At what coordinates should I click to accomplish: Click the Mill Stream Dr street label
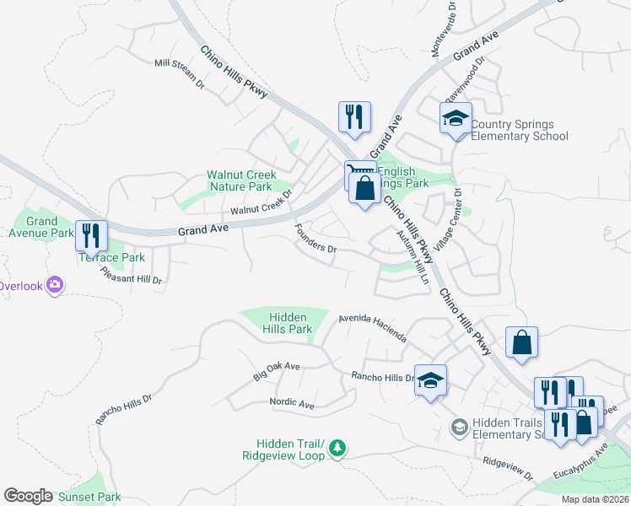[x=180, y=73]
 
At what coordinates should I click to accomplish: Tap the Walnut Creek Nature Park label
[x=241, y=181]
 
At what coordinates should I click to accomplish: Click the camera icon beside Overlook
[x=56, y=286]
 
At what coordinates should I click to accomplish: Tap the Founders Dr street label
[x=316, y=240]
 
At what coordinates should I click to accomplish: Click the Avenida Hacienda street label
[x=372, y=329]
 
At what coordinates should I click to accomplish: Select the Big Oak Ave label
[x=277, y=369]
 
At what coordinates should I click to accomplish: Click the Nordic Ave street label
[x=291, y=404]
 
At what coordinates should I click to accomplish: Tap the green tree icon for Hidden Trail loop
[x=337, y=447]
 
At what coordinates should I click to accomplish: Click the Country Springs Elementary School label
[x=519, y=130]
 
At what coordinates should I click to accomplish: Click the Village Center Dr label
[x=460, y=215]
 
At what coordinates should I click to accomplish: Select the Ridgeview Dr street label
[x=509, y=468]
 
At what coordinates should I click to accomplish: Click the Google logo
[x=28, y=496]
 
